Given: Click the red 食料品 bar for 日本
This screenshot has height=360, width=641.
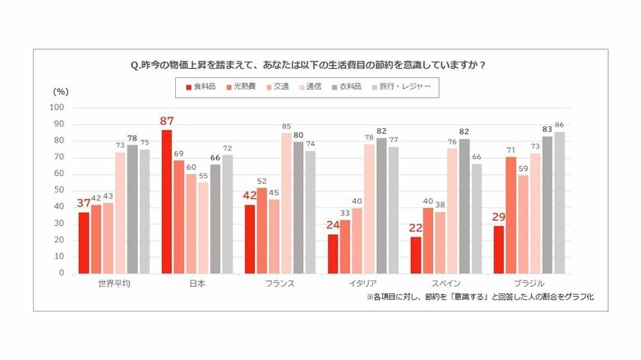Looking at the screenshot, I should tap(167, 201).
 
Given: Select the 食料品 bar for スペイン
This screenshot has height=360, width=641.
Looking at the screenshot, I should tap(416, 255).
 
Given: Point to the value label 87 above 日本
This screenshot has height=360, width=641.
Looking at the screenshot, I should tap(167, 122).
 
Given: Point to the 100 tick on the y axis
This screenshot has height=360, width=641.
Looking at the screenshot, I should tap(57, 107).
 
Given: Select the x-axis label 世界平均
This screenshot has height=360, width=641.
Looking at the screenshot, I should tap(112, 284).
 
